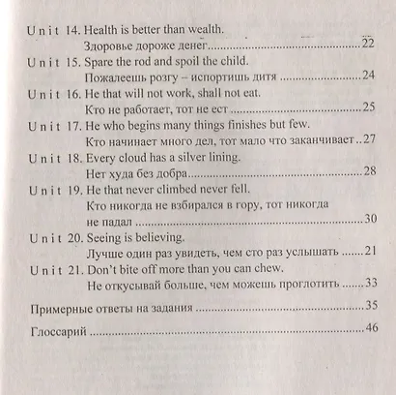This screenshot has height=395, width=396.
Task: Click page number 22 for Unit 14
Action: [x=368, y=45]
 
